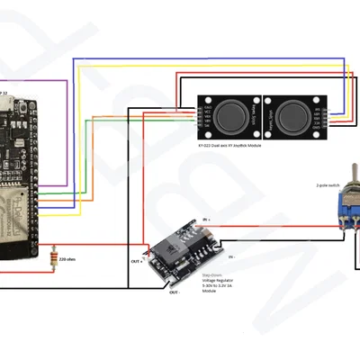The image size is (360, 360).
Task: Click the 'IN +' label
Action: pos(206,219)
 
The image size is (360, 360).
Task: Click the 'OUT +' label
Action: pos(137,260)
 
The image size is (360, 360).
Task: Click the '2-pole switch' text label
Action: pos(328,185)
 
